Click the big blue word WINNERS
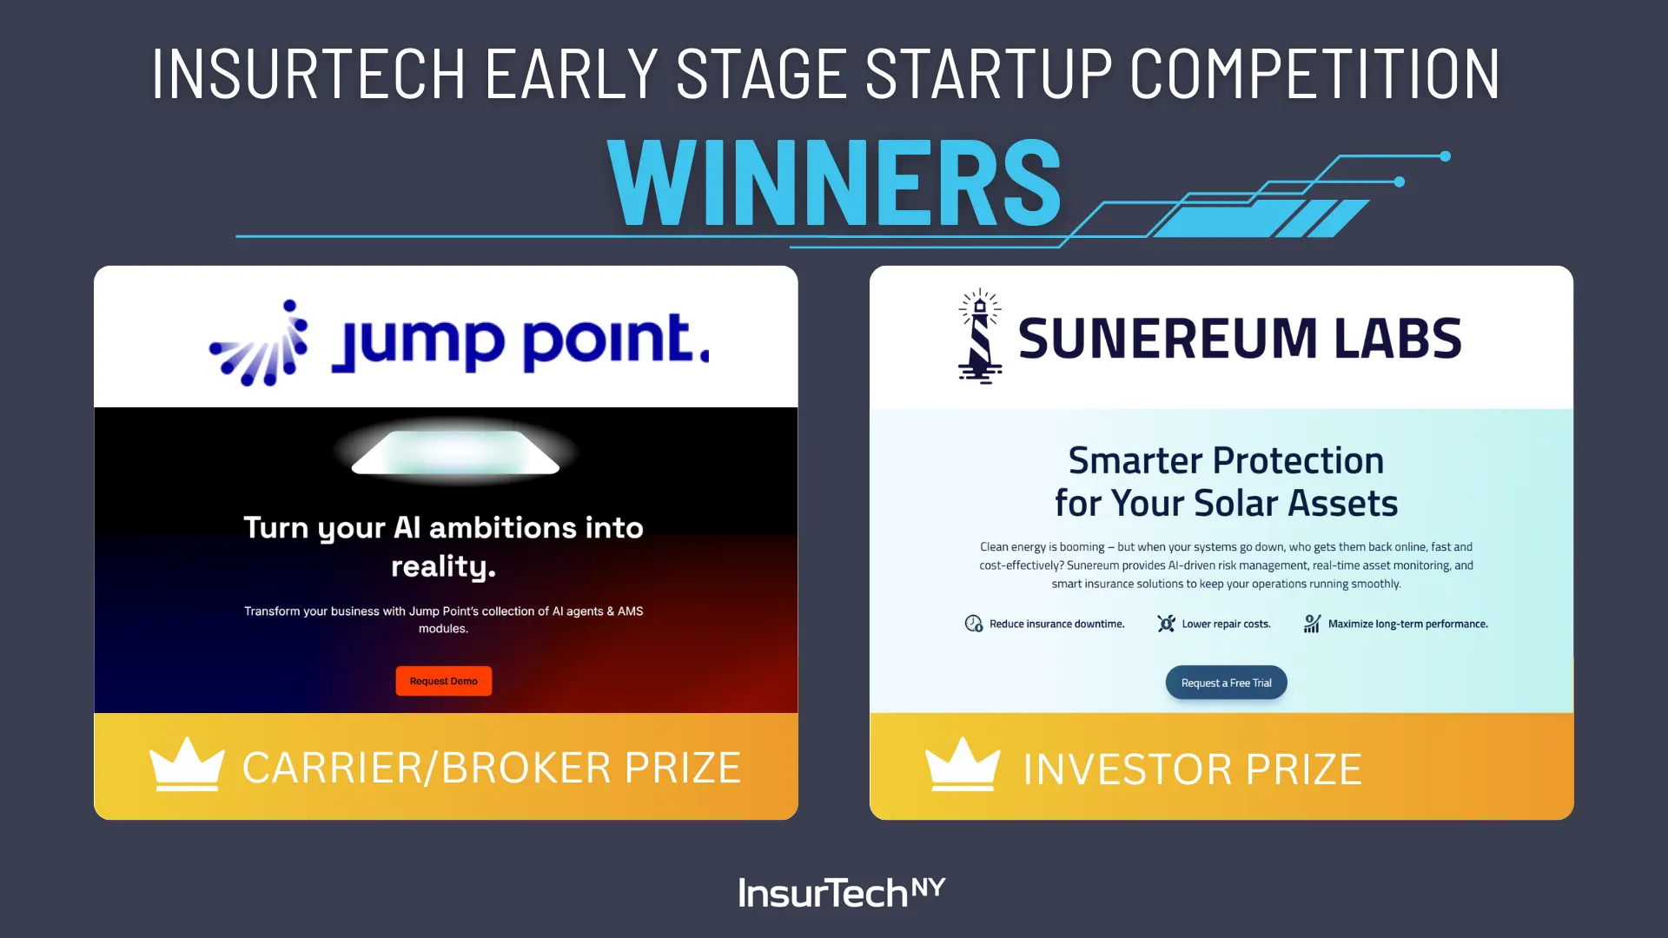(835, 182)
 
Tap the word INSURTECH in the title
(308, 74)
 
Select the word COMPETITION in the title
(1315, 74)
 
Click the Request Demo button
(444, 681)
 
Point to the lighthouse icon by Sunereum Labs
(980, 336)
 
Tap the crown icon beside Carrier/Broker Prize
(187, 764)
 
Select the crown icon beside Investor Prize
(963, 764)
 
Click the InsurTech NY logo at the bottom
(841, 892)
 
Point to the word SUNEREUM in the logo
(1168, 338)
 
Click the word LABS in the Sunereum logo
(1398, 338)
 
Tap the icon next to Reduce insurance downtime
(974, 624)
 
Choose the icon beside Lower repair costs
(1167, 624)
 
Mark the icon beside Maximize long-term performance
(1312, 624)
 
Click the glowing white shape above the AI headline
(455, 452)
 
